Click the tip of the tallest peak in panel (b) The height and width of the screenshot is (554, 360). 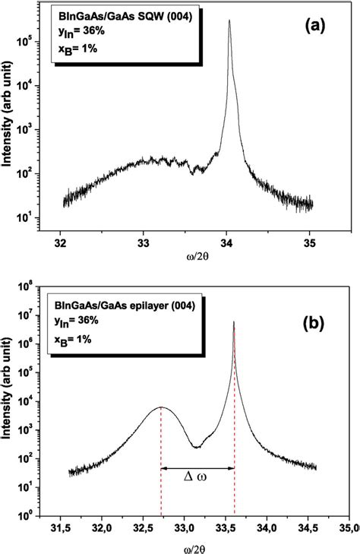click(x=234, y=321)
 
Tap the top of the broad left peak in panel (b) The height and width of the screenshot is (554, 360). click(x=161, y=408)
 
